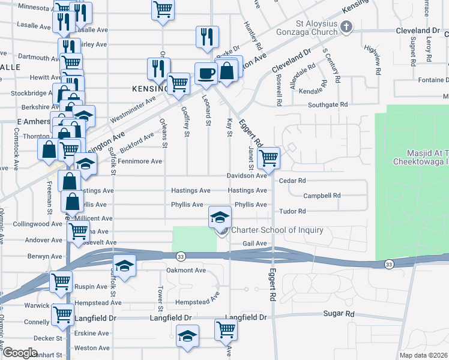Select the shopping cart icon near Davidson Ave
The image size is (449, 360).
[x=268, y=158]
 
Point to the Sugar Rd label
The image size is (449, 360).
[x=339, y=314]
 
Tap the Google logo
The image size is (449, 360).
[x=20, y=353]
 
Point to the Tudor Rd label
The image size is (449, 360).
[x=292, y=211]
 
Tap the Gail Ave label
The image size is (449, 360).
[x=254, y=244]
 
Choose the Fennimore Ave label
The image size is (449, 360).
[x=140, y=161]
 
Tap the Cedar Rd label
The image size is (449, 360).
[x=292, y=180]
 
